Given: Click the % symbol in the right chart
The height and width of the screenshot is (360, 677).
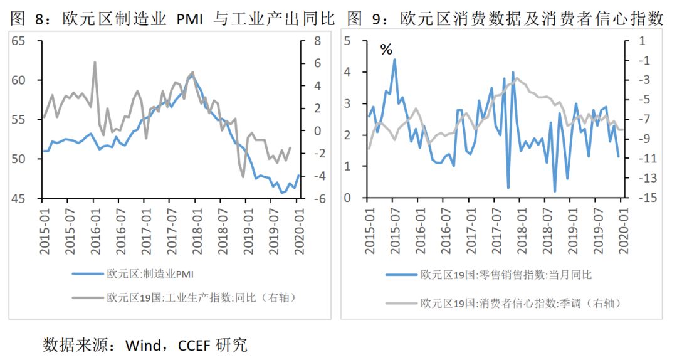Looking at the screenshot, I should tap(386, 50).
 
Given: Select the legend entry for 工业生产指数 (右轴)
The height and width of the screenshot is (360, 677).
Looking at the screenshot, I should tap(201, 297).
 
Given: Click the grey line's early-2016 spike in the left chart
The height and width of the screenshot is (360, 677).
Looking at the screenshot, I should tap(95, 62).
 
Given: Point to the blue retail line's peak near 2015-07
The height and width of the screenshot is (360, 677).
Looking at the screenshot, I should tap(394, 60).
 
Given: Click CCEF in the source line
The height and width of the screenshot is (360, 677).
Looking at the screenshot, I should tap(195, 344).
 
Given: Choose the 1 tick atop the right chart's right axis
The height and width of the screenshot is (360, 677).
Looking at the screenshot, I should tap(643, 41).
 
